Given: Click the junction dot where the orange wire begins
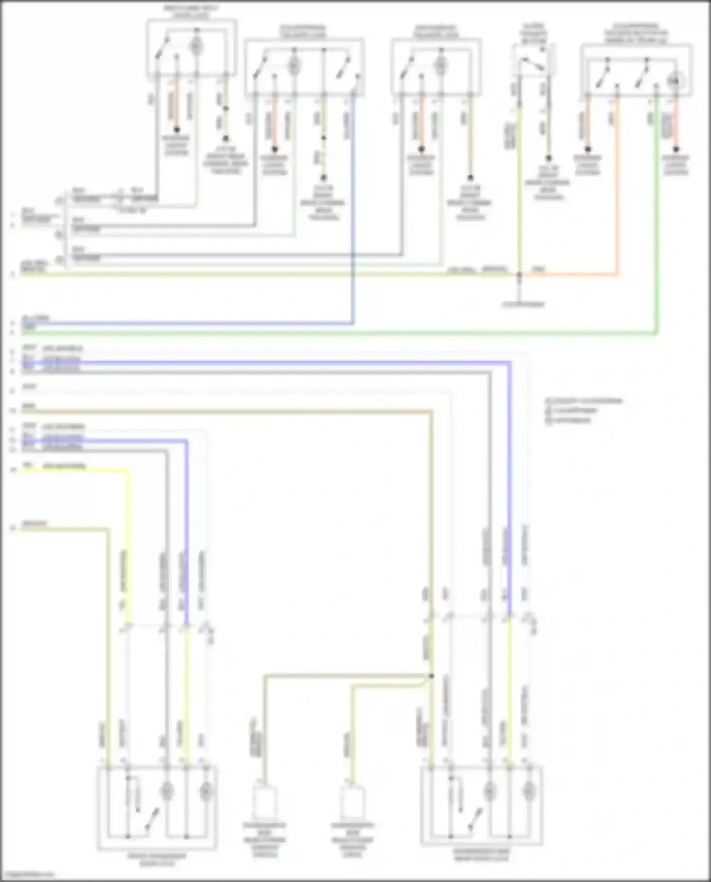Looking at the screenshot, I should (520, 274).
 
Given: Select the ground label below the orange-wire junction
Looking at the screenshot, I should (523, 304).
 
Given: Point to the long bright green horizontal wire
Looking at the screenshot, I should (332, 334).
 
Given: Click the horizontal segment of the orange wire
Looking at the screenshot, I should (569, 274).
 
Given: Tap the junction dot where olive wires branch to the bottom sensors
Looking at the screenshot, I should (431, 676).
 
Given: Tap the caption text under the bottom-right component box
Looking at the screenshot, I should (481, 855).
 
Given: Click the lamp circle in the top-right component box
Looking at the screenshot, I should (675, 82).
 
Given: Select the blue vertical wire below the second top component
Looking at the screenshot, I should (353, 213).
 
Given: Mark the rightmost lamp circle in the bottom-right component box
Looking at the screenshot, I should (528, 791).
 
